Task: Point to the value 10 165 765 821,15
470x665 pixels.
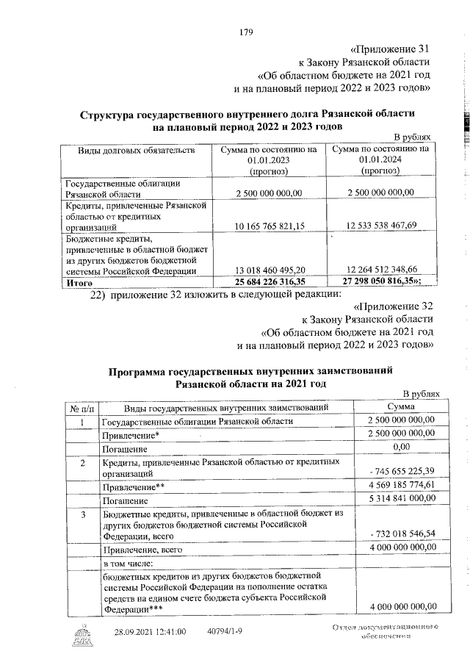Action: [x=270, y=225]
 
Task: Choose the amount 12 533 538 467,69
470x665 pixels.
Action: [x=382, y=225]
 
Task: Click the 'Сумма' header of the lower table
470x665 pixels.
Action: [x=399, y=408]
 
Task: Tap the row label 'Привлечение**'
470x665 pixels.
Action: [x=132, y=486]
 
